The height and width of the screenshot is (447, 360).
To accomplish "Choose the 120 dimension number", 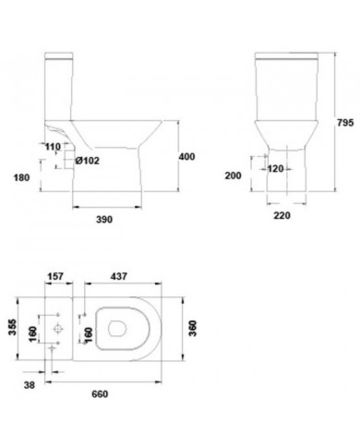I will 275,169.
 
